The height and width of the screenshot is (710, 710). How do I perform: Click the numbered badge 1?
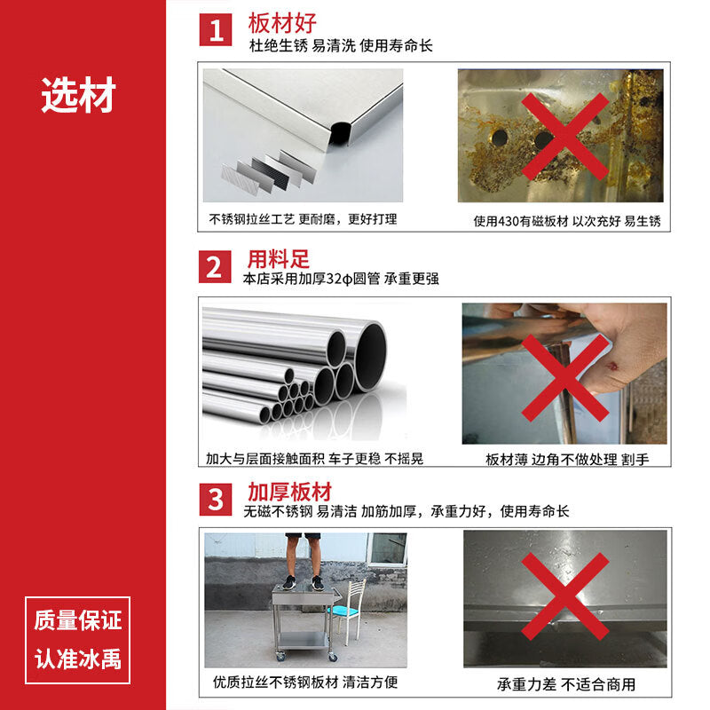click(x=216, y=29)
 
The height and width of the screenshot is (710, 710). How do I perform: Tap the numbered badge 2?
click(x=215, y=267)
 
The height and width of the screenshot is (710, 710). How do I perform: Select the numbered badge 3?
click(x=216, y=500)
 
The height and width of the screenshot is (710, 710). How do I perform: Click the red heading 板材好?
click(x=282, y=23)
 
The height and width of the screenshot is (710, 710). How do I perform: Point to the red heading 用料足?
click(x=278, y=259)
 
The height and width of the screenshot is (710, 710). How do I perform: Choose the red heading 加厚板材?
click(x=290, y=492)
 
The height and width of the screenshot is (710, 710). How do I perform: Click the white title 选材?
click(x=78, y=95)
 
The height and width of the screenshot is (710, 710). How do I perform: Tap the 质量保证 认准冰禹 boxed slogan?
click(x=77, y=640)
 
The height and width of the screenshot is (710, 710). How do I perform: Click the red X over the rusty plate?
click(x=565, y=137)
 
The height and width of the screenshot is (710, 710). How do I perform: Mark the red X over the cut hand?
click(x=565, y=378)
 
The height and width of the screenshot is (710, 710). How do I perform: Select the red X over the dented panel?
click(x=565, y=596)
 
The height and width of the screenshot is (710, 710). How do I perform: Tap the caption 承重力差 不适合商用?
click(x=566, y=683)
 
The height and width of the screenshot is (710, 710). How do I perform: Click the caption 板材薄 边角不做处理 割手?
click(x=567, y=460)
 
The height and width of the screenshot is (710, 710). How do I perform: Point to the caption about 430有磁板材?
click(x=567, y=221)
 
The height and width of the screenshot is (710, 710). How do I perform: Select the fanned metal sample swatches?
click(x=269, y=172)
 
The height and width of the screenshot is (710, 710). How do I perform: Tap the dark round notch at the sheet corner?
click(x=340, y=132)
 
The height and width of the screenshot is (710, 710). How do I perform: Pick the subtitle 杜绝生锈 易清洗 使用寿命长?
click(x=341, y=45)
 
